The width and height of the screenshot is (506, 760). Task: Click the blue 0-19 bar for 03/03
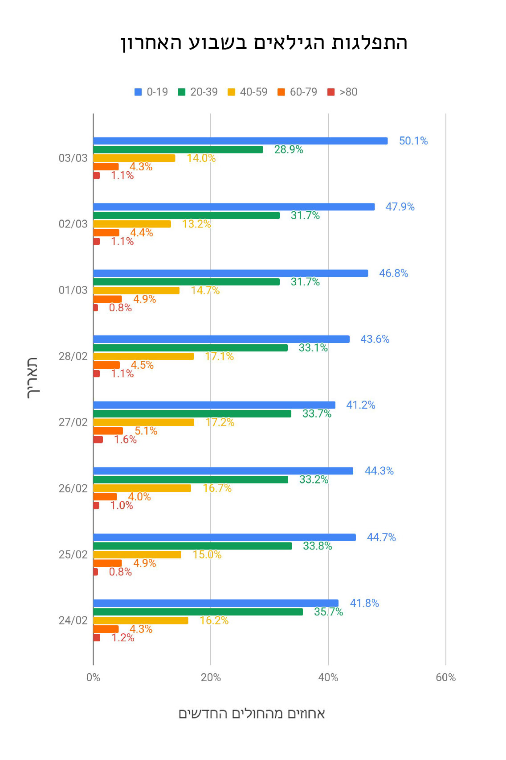[240, 141]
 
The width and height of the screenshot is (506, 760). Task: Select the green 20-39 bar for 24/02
[198, 612]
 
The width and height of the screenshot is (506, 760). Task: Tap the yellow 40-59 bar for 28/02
[143, 356]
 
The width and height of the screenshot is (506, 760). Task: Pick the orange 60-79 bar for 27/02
[108, 431]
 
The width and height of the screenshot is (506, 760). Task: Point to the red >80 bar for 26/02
[96, 505]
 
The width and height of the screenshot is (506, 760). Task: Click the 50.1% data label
[413, 141]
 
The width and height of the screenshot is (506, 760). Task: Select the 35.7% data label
[328, 612]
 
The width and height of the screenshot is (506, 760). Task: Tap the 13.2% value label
[196, 224]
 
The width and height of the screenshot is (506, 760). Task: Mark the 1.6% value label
[125, 440]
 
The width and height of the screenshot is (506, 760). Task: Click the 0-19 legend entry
[151, 92]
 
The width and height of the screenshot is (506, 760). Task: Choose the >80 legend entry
[342, 92]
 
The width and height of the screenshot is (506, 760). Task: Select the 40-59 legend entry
[247, 92]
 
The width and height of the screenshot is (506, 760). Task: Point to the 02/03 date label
[73, 224]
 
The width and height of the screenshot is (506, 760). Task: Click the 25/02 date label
[73, 554]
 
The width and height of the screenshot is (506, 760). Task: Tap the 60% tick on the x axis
[446, 677]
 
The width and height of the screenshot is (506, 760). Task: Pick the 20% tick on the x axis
[211, 677]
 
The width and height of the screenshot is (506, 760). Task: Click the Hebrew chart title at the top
[264, 43]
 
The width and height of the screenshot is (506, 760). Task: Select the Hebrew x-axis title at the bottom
[252, 714]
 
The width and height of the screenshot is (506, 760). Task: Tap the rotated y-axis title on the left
[33, 378]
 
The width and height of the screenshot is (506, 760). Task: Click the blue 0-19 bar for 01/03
[230, 273]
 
